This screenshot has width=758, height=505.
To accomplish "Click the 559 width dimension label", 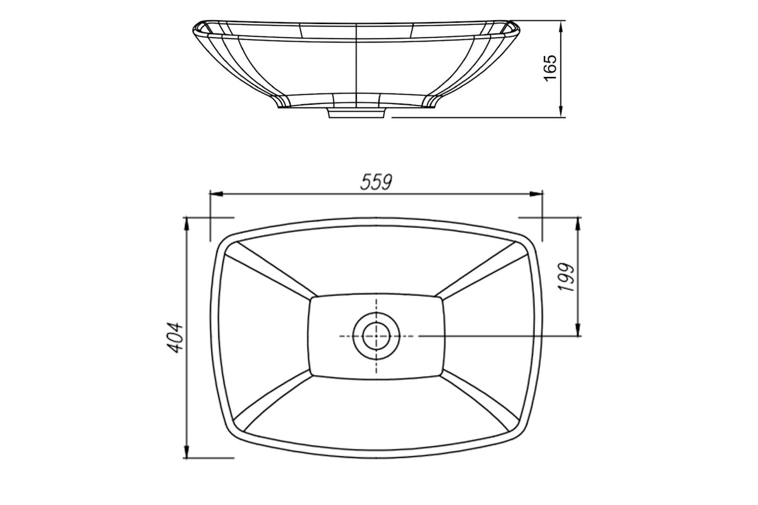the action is click(x=376, y=182).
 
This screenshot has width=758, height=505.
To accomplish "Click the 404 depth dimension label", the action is click(x=175, y=338).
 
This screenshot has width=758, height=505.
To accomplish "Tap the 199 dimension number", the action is click(x=567, y=276).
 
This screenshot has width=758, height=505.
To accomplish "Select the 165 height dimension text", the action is click(x=550, y=68).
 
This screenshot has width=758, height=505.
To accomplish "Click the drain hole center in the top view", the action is click(x=376, y=336).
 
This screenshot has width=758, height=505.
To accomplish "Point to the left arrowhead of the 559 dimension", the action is click(x=217, y=194).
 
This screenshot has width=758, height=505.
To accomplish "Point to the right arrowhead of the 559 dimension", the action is click(x=536, y=194).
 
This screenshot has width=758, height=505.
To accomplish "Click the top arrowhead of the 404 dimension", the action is click(x=186, y=224).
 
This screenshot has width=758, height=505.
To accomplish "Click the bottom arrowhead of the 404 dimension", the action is click(x=186, y=451).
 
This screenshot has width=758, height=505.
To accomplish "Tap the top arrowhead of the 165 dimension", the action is click(x=561, y=27).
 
